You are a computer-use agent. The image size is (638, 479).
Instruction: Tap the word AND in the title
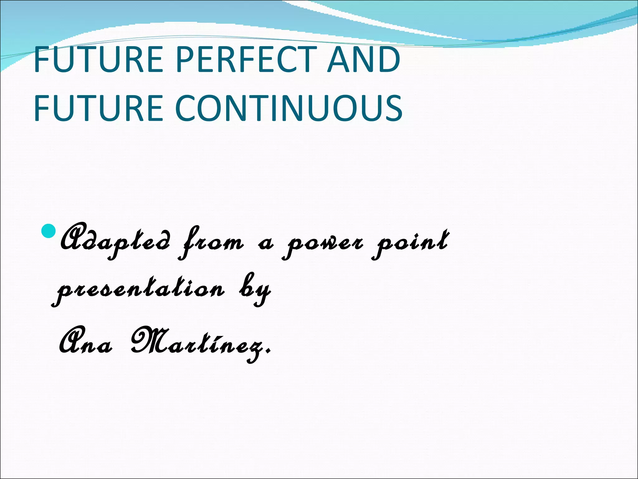point(363,59)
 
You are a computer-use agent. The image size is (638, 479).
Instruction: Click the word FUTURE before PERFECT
point(98,59)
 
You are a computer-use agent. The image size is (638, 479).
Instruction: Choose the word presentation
point(139,290)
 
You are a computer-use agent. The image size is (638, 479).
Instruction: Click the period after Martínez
point(269,353)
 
